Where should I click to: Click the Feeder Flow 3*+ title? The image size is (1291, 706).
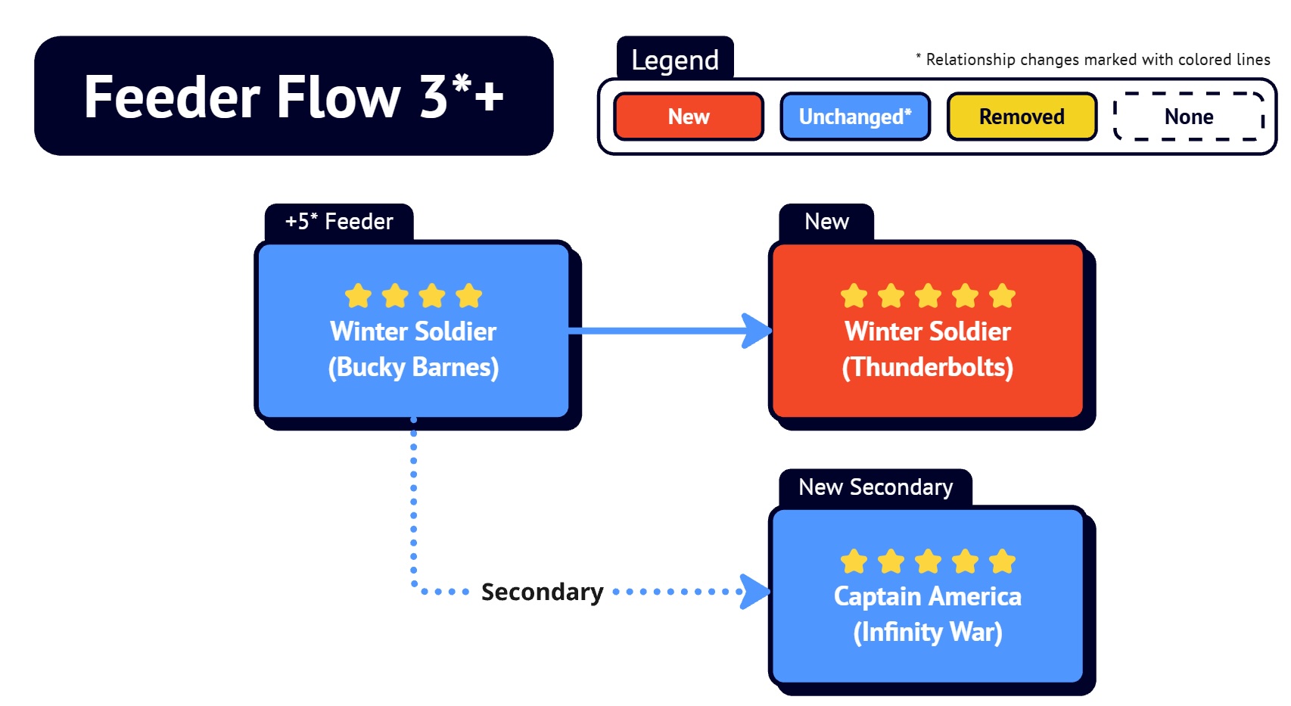click(294, 97)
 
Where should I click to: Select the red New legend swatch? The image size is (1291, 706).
click(689, 117)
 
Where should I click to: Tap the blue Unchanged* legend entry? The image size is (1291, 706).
click(855, 117)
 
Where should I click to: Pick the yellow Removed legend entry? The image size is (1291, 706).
click(1022, 117)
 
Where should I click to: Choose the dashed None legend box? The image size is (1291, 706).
click(1189, 117)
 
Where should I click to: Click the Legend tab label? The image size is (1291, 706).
click(675, 59)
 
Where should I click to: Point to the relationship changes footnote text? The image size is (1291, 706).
click(1093, 59)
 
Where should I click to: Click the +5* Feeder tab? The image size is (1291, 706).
click(339, 221)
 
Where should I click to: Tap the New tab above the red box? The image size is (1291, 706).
click(826, 221)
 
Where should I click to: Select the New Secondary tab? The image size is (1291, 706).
click(876, 487)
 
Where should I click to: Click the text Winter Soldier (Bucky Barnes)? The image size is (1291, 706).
click(413, 350)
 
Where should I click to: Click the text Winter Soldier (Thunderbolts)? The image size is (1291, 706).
click(928, 350)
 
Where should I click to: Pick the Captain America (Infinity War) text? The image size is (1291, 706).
click(928, 614)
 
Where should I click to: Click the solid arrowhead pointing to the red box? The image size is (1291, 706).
click(756, 331)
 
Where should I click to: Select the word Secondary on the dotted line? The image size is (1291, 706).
click(543, 592)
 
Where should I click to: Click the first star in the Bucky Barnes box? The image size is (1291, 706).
click(358, 296)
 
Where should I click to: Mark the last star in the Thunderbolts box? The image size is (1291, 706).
click(1002, 296)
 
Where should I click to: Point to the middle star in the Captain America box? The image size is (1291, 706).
click(928, 561)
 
